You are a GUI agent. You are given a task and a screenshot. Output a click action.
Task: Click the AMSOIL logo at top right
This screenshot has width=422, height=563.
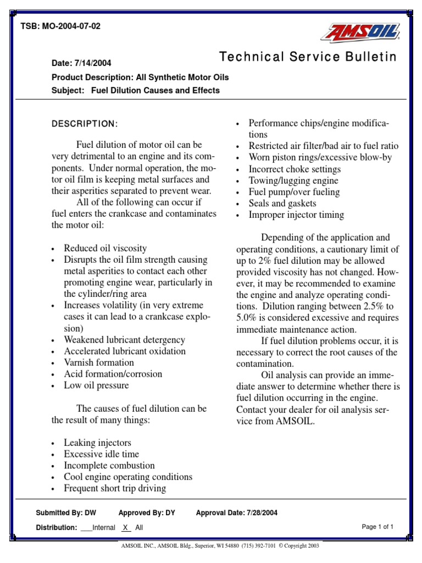click(361, 32)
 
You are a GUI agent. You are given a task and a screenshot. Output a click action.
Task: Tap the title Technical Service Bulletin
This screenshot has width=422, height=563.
click(308, 57)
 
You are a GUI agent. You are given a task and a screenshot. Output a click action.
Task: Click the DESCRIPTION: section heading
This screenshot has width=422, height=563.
click(85, 124)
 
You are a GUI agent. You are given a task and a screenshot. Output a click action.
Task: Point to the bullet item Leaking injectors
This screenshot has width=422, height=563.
click(97, 443)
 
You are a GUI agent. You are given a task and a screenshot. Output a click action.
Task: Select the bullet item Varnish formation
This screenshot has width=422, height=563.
click(99, 362)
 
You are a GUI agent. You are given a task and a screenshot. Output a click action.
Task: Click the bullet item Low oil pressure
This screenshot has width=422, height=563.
click(96, 385)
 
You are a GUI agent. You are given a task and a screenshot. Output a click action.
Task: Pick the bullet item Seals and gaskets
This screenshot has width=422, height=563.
click(282, 203)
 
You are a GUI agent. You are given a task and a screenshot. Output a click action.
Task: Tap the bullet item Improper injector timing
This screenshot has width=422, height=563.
click(296, 215)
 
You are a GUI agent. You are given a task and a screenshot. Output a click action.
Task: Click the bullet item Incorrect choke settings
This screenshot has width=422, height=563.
click(295, 169)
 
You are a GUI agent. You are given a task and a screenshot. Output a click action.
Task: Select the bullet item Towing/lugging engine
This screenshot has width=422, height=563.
click(293, 181)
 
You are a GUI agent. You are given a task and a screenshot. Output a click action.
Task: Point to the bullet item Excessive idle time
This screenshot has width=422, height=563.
click(101, 454)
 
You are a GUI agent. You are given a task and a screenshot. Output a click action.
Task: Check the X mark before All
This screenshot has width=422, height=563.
click(125, 527)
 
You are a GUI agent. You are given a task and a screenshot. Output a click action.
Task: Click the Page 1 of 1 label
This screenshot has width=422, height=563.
click(377, 527)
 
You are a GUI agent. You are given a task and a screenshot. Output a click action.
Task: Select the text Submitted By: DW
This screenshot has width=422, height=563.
click(66, 513)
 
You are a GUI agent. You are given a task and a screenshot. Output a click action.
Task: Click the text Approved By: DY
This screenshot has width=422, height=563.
click(147, 513)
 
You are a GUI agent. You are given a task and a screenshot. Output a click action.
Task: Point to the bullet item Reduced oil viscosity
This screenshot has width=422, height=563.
click(105, 248)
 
